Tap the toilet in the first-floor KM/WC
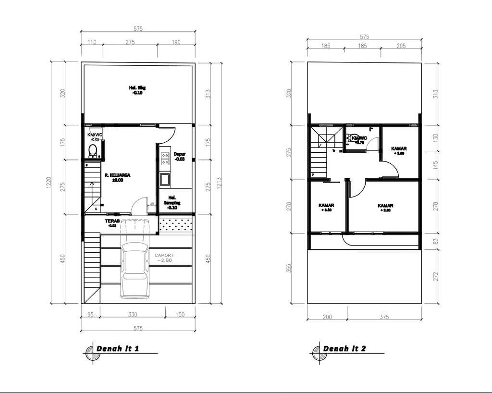[93, 150]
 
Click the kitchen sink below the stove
[165, 180]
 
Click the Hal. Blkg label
[137, 90]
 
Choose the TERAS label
[111, 223]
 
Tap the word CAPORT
[165, 255]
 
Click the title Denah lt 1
[118, 348]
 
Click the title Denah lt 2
[344, 348]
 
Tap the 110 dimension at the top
[92, 42]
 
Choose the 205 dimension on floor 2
[401, 46]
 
